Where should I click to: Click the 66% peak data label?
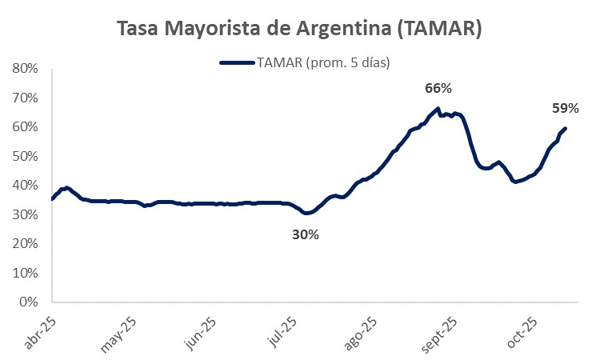tap(438, 88)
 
